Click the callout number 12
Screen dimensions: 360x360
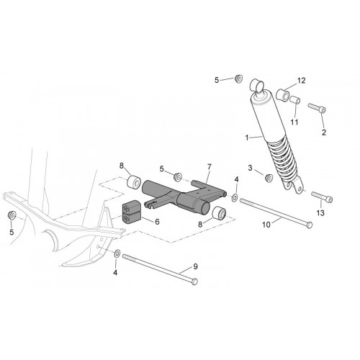pyautogui.click(x=301, y=81)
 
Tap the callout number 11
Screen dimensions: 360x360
pyautogui.click(x=294, y=122)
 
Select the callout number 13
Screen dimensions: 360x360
pyautogui.click(x=320, y=213)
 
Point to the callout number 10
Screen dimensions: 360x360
pyautogui.click(x=266, y=225)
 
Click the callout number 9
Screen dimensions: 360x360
pyautogui.click(x=195, y=266)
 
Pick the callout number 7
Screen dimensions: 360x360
pyautogui.click(x=209, y=167)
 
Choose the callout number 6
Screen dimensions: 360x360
pyautogui.click(x=157, y=222)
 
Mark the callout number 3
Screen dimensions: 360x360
pyautogui.click(x=250, y=168)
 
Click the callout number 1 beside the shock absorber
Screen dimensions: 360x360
pyautogui.click(x=246, y=138)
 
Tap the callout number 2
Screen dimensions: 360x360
pyautogui.click(x=324, y=132)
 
